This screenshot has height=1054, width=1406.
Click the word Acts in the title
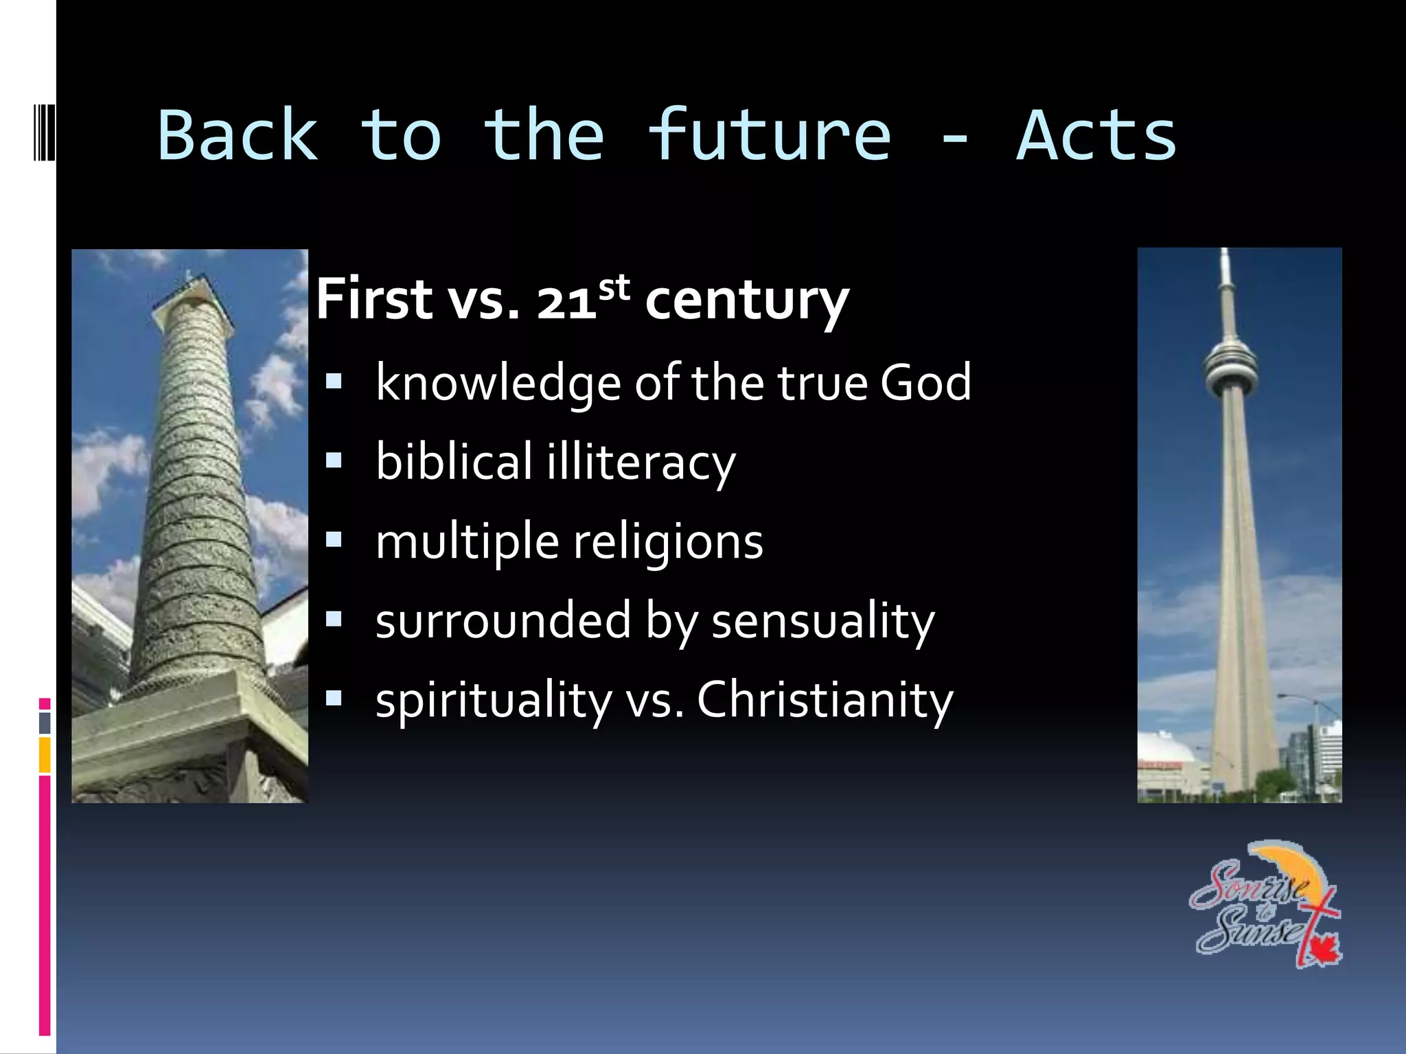1096,136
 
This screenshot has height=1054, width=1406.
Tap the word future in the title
769,136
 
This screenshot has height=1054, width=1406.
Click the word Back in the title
238,136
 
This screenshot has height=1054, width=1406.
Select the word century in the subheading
747,301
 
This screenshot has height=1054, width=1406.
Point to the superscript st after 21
614,288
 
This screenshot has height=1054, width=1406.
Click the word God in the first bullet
925,382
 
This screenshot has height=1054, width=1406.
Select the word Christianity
825,701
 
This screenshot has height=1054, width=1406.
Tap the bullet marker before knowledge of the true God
334,382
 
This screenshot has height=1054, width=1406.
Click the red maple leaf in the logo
1322,950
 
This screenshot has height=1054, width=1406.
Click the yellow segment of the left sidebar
45,755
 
